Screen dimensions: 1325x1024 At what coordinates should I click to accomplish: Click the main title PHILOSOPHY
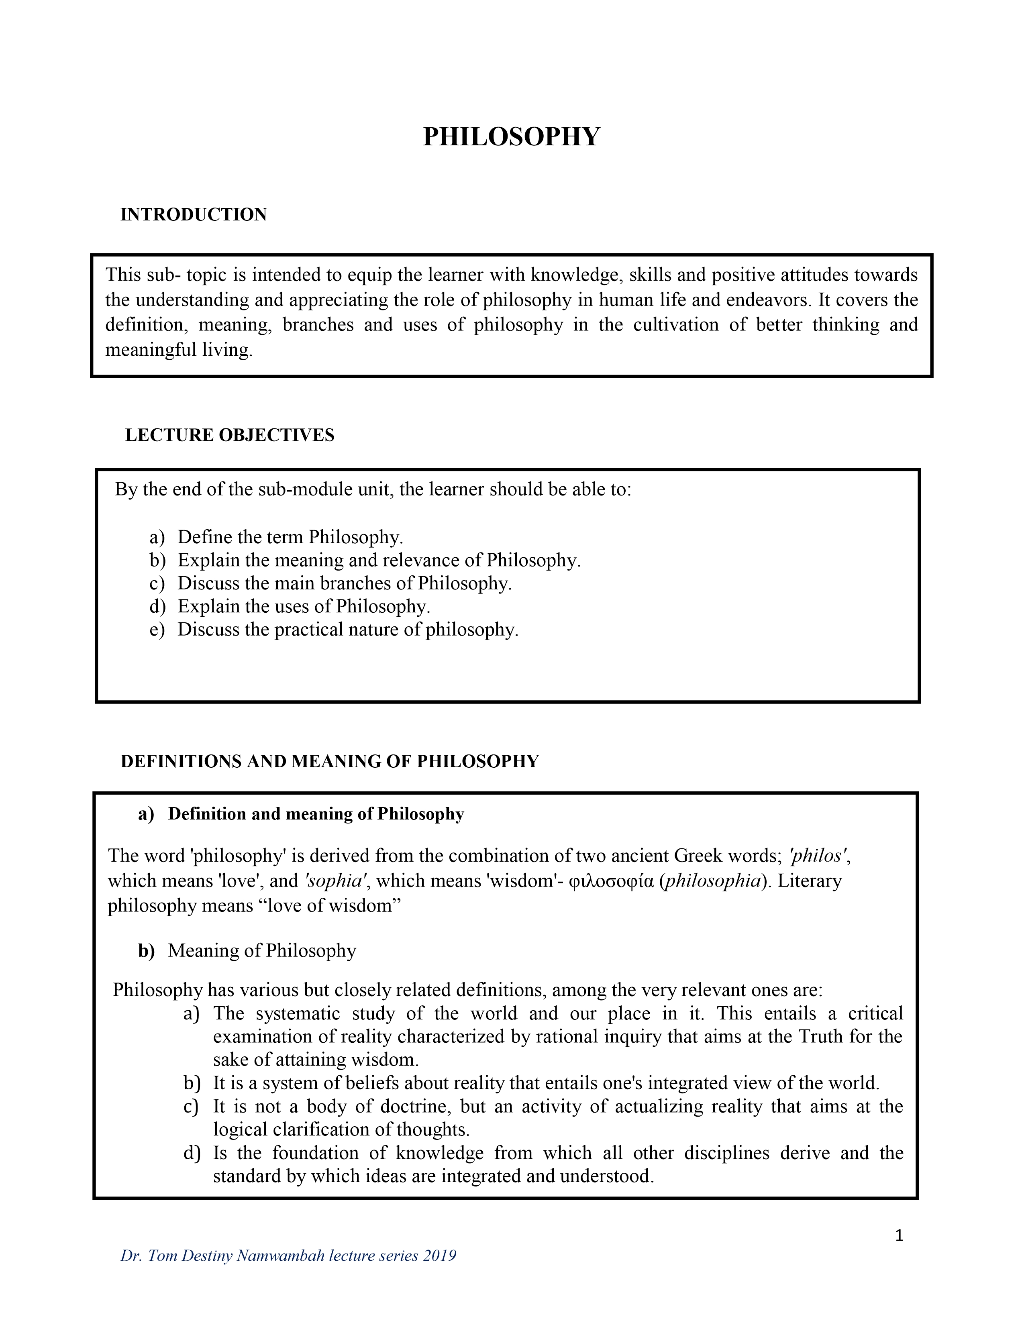point(511,137)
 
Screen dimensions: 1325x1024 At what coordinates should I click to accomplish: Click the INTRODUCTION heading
point(194,215)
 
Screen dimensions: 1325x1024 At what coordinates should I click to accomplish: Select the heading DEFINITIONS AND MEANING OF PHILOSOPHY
point(329,761)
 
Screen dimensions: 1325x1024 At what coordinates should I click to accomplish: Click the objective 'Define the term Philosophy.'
point(290,537)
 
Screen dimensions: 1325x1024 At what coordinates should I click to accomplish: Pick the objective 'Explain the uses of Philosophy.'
point(303,606)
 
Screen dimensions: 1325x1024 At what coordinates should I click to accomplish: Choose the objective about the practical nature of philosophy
point(348,630)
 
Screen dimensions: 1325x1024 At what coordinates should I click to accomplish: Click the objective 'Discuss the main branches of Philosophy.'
point(345,583)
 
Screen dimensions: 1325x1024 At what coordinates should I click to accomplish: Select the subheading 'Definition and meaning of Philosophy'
point(316,814)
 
